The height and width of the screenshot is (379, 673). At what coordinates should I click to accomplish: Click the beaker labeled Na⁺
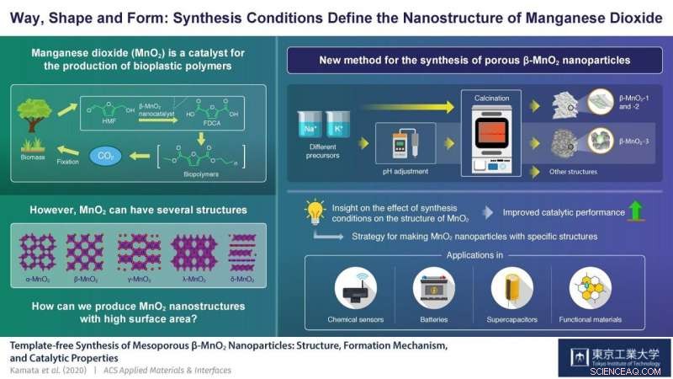coord(309,126)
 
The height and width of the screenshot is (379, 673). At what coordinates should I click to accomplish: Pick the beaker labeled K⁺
coord(338,126)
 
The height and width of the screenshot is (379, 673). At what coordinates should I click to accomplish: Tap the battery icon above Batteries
coord(434,288)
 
